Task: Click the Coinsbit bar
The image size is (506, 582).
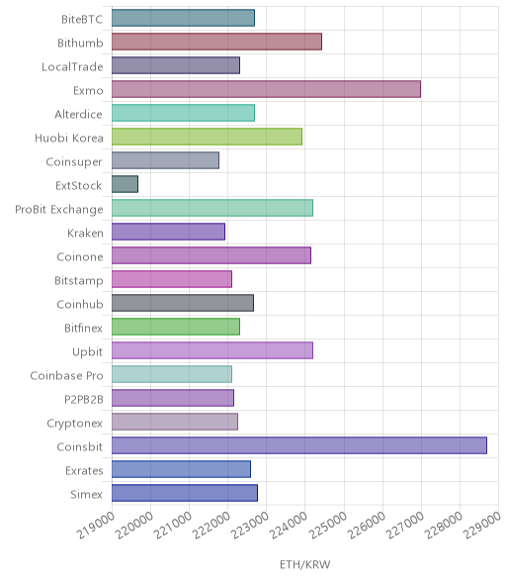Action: point(299,445)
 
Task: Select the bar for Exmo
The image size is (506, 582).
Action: point(266,89)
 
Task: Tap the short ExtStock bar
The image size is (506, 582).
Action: point(125,184)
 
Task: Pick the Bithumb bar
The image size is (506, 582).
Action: point(216,42)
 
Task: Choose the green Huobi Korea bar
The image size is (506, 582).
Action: point(207,137)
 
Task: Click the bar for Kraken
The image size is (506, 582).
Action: point(168,232)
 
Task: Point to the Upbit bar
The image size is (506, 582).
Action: point(212,350)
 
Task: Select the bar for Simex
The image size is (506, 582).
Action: point(185,493)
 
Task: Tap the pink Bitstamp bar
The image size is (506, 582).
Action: point(172,279)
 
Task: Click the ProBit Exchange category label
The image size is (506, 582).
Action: point(59,210)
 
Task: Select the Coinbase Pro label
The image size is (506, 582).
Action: point(66,376)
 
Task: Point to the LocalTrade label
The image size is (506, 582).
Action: point(72,67)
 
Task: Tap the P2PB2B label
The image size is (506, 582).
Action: point(84,400)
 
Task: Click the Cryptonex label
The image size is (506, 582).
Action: point(74,424)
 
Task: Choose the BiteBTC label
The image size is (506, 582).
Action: point(82,20)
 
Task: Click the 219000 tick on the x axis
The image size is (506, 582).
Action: point(95,525)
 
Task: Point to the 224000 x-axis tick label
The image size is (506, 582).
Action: point(288,525)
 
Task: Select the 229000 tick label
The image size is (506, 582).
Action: point(482,525)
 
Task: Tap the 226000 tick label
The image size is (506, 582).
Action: point(366,525)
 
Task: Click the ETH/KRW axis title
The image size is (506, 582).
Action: point(304,564)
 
